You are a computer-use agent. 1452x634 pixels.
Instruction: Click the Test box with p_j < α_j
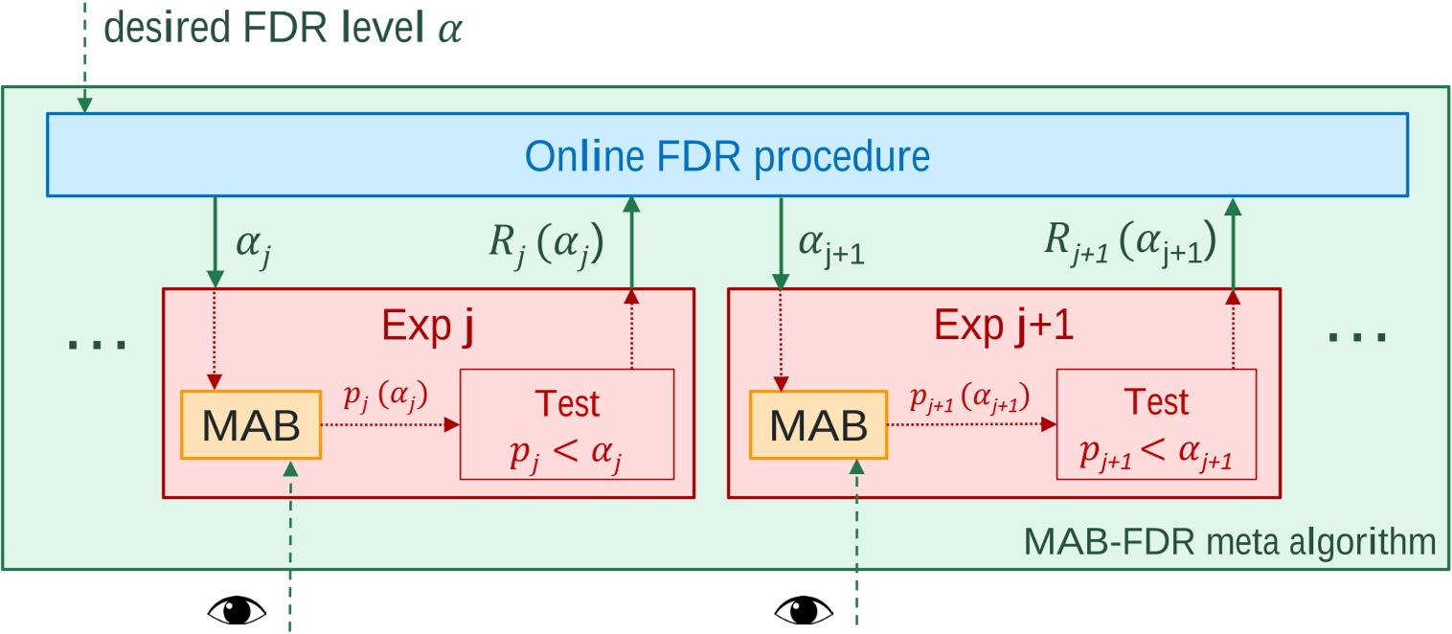click(568, 422)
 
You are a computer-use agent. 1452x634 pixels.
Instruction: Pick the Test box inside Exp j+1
click(1156, 422)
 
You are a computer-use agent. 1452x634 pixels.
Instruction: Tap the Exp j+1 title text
click(1006, 327)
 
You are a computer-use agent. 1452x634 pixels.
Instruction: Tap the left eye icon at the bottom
click(237, 608)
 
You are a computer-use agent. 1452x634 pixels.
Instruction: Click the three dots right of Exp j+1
click(1357, 337)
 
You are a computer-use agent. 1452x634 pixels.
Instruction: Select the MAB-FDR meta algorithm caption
click(1230, 543)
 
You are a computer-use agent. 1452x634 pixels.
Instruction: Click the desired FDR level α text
click(283, 29)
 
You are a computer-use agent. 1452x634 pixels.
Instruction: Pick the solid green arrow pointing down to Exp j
click(215, 239)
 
